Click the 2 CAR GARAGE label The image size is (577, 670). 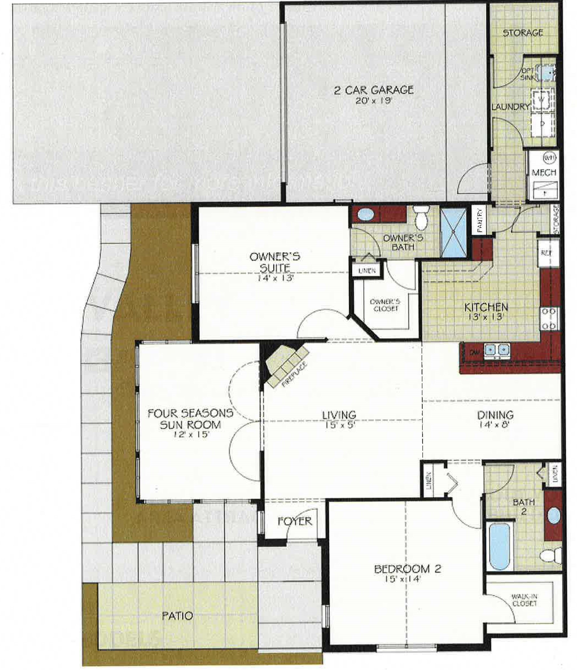click(374, 90)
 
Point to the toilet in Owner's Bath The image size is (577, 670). click(421, 218)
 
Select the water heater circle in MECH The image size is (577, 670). click(549, 157)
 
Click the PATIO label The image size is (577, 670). click(177, 616)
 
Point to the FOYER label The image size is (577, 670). click(295, 521)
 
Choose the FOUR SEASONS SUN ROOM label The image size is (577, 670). click(191, 419)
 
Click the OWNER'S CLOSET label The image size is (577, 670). click(385, 305)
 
